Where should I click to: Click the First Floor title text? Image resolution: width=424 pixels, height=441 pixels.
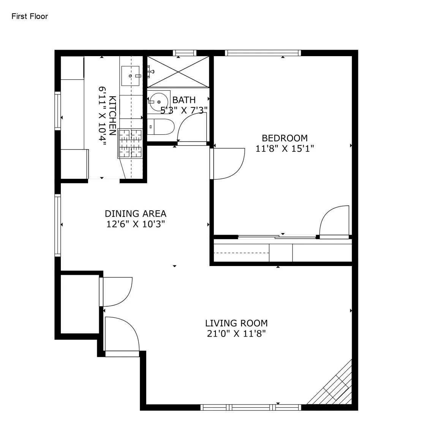(30, 16)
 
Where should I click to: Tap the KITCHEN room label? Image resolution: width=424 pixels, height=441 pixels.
(112, 115)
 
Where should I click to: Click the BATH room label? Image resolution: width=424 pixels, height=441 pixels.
(184, 100)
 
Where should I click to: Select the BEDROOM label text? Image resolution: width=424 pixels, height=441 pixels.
(285, 138)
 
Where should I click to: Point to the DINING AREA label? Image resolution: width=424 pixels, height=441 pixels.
(135, 214)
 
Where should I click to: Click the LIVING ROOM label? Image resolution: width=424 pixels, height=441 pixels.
(236, 323)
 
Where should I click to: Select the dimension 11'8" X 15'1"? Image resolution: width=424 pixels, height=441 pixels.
(285, 148)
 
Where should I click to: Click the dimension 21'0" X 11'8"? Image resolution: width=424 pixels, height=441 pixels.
(236, 334)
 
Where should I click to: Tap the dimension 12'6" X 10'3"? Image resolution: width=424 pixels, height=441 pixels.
(135, 224)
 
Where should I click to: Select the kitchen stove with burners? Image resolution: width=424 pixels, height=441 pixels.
(130, 143)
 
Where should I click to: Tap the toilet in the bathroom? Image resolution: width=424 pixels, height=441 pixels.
(161, 127)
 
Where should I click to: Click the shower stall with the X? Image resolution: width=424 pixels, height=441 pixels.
(178, 72)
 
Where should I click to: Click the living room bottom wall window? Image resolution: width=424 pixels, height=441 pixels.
(251, 408)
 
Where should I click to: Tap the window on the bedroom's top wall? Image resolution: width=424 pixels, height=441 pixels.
(263, 53)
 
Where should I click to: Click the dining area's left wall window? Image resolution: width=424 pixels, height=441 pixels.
(58, 225)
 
